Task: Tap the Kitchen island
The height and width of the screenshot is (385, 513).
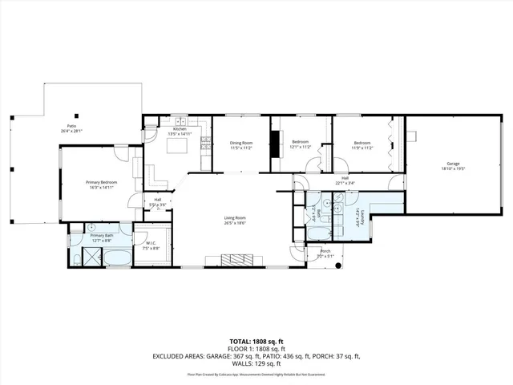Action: (178, 146)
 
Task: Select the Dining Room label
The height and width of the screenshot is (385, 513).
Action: (241, 144)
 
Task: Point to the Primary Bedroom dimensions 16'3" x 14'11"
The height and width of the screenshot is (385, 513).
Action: (101, 187)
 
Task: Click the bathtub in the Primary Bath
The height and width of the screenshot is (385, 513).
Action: (117, 258)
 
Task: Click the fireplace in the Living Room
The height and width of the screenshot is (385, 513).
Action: (236, 259)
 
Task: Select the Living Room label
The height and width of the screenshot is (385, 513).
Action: (234, 217)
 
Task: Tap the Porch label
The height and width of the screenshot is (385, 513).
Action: (325, 252)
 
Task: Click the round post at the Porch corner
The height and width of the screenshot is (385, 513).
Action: (342, 265)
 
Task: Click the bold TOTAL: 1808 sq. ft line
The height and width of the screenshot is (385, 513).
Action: (256, 341)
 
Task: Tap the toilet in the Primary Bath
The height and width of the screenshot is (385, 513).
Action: (91, 229)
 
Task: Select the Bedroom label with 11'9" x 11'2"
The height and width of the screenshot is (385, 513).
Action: (363, 144)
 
